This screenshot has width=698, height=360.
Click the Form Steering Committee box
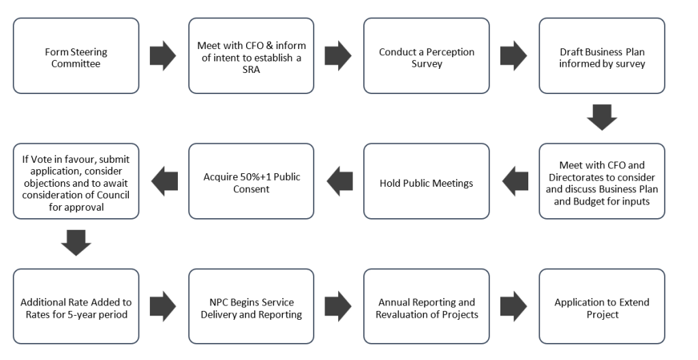click(x=76, y=56)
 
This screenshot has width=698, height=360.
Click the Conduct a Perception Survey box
click(x=426, y=56)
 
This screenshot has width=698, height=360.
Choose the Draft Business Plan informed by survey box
click(x=602, y=56)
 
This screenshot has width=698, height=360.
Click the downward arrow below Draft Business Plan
click(x=602, y=117)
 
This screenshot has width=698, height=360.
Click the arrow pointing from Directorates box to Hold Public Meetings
click(x=515, y=181)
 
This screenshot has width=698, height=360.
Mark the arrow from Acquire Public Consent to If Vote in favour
click(x=164, y=181)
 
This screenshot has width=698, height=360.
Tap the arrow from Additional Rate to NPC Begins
click(x=164, y=307)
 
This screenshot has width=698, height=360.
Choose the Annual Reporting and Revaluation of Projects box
click(x=426, y=307)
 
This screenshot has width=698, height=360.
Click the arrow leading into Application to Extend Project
click(x=514, y=307)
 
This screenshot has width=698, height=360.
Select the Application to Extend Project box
click(x=602, y=307)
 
